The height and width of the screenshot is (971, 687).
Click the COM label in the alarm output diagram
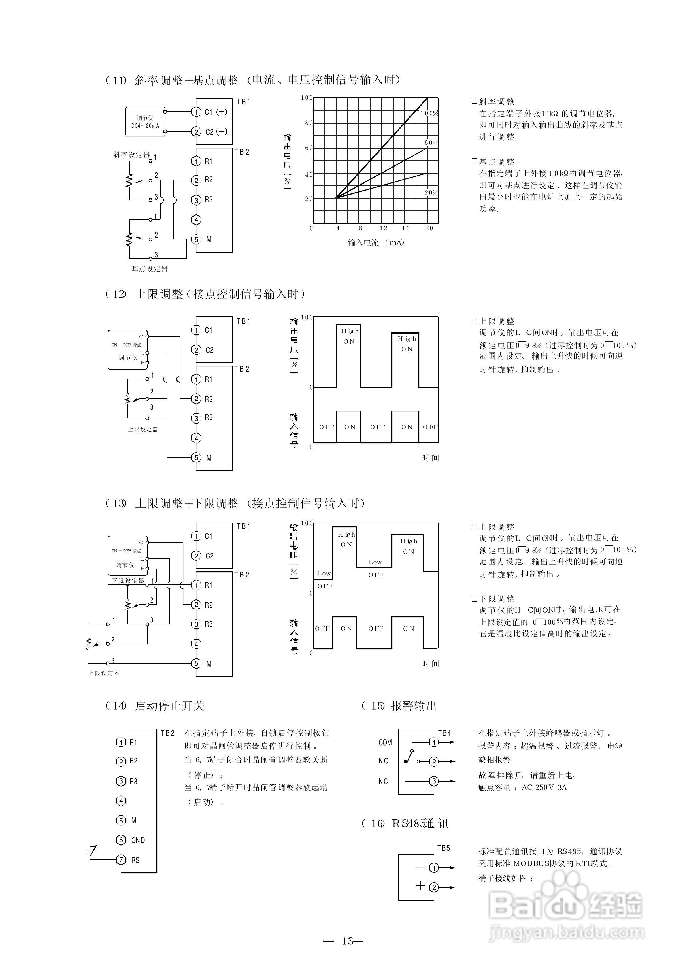point(385,743)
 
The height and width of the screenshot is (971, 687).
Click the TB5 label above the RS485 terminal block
point(443,848)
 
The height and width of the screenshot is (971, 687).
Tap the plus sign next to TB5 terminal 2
point(420,886)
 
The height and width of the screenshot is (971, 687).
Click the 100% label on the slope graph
point(429,113)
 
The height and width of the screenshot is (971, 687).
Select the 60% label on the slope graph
point(431,143)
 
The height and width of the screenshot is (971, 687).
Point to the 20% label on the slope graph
point(431,193)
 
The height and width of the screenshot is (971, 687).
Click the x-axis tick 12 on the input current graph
point(383,228)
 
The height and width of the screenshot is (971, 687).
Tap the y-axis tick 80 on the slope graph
point(309,123)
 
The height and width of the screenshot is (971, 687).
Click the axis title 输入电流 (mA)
point(376,242)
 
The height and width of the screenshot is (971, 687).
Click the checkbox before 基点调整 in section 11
point(474,161)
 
